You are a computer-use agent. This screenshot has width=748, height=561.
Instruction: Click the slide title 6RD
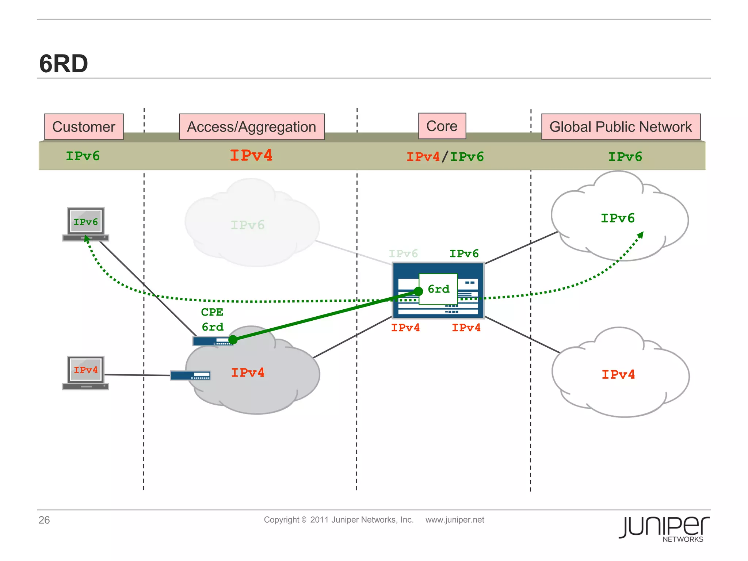coord(64,64)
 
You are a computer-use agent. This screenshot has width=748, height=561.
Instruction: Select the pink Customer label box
coord(84,127)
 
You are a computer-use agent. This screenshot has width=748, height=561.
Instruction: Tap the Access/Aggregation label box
coord(252,127)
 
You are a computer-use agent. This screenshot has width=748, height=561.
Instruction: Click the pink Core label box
coord(442,126)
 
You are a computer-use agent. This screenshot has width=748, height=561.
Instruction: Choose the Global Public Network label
coord(621,127)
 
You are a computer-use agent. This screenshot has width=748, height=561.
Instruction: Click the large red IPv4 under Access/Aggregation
coord(251,156)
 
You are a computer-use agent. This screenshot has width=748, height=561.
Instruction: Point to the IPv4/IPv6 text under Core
coord(445,157)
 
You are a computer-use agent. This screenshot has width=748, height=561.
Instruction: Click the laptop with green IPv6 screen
coord(86,224)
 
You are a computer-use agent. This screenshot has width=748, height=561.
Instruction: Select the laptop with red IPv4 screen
coord(86,373)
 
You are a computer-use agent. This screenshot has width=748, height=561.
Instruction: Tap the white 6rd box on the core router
coord(438,289)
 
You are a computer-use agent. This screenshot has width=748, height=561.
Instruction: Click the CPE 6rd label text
coord(212,320)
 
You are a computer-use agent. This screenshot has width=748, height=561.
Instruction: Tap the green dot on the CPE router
coord(233,340)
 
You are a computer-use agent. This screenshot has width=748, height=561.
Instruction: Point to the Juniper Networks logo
coord(664,528)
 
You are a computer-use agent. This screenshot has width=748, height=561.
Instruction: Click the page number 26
coord(44,520)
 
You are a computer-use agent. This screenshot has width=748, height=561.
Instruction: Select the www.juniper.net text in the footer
coord(455,520)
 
